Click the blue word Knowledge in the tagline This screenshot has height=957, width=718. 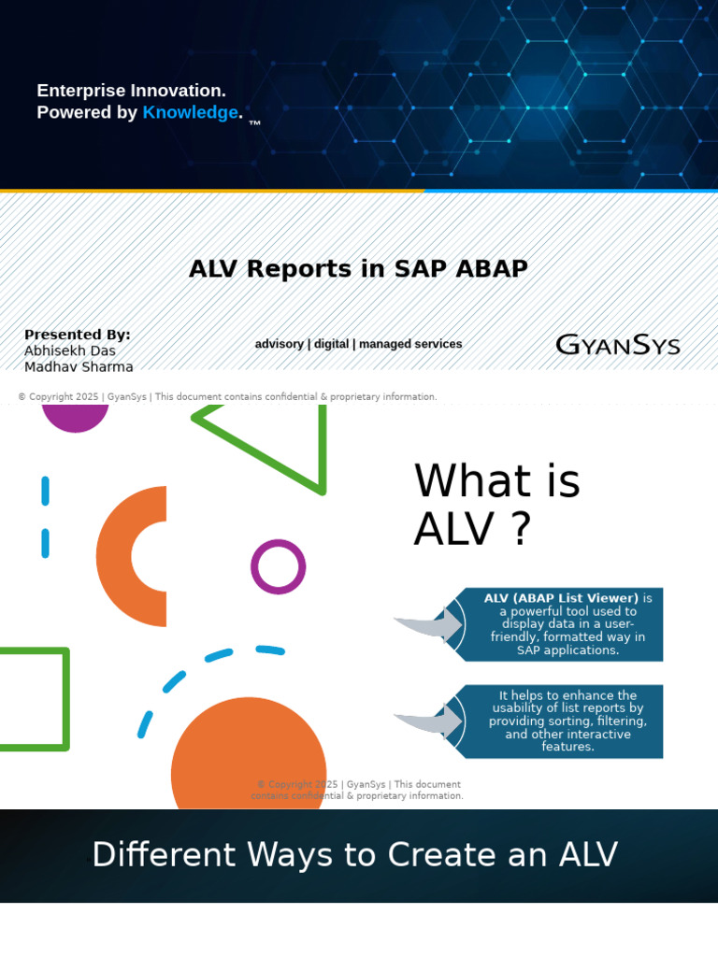click(x=190, y=113)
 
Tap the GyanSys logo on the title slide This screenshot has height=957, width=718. click(x=617, y=345)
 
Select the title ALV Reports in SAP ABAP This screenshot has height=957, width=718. click(x=358, y=269)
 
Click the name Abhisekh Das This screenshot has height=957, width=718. click(x=70, y=351)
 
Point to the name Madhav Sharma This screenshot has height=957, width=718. click(x=79, y=366)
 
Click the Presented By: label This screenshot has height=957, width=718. click(x=78, y=335)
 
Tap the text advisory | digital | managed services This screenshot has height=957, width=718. click(x=358, y=344)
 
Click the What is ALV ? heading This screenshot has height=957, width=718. click(x=496, y=505)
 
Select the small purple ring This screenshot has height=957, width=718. click(x=279, y=566)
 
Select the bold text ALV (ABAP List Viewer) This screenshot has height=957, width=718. click(x=561, y=598)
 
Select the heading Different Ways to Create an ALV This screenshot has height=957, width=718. click(x=355, y=855)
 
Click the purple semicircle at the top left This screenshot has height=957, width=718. click(x=76, y=417)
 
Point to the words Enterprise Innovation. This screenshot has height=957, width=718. click(x=131, y=91)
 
